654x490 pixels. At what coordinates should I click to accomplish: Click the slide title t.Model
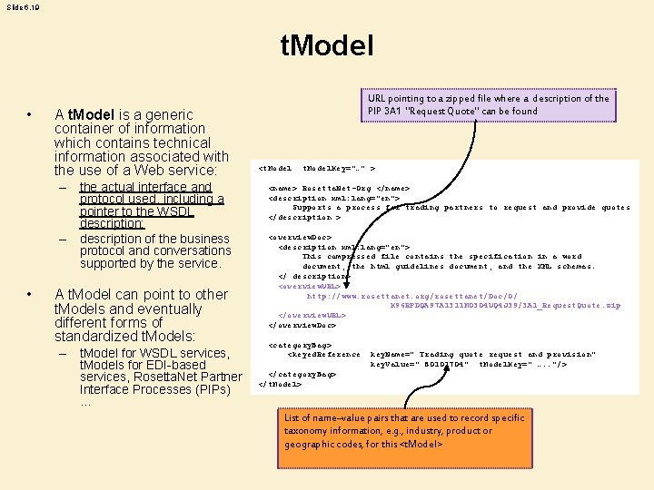tap(327, 46)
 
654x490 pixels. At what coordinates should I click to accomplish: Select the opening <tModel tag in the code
tap(275, 169)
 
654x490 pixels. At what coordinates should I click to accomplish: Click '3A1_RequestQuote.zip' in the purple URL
tap(573, 306)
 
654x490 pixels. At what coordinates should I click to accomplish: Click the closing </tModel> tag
tap(280, 384)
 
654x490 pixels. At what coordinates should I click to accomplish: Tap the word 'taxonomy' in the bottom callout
tap(309, 431)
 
